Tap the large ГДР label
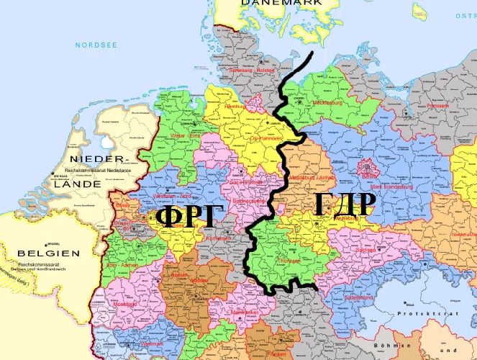point(345,204)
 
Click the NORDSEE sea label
point(96,45)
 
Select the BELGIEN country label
point(48,253)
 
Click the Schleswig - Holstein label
point(251,71)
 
